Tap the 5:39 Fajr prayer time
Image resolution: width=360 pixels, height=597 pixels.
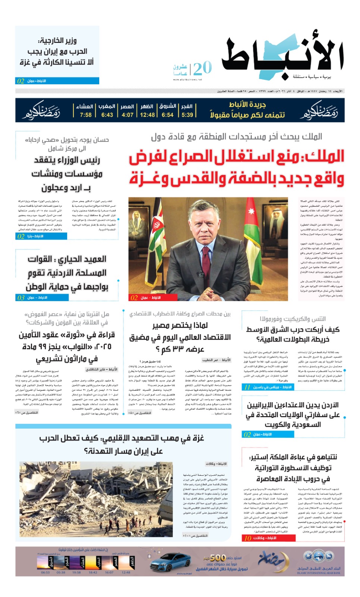click(x=187, y=115)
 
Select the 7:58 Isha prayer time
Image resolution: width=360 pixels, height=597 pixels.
click(x=85, y=115)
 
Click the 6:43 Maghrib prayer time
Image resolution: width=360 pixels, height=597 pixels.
click(x=107, y=115)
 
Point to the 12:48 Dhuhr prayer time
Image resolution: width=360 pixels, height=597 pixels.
click(x=147, y=115)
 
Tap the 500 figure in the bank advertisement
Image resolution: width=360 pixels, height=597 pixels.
click(x=217, y=557)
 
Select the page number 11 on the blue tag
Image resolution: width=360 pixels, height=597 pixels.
click(x=247, y=387)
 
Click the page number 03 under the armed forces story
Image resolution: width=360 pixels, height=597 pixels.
click(x=21, y=298)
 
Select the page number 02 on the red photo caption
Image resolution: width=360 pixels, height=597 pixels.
click(x=134, y=298)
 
